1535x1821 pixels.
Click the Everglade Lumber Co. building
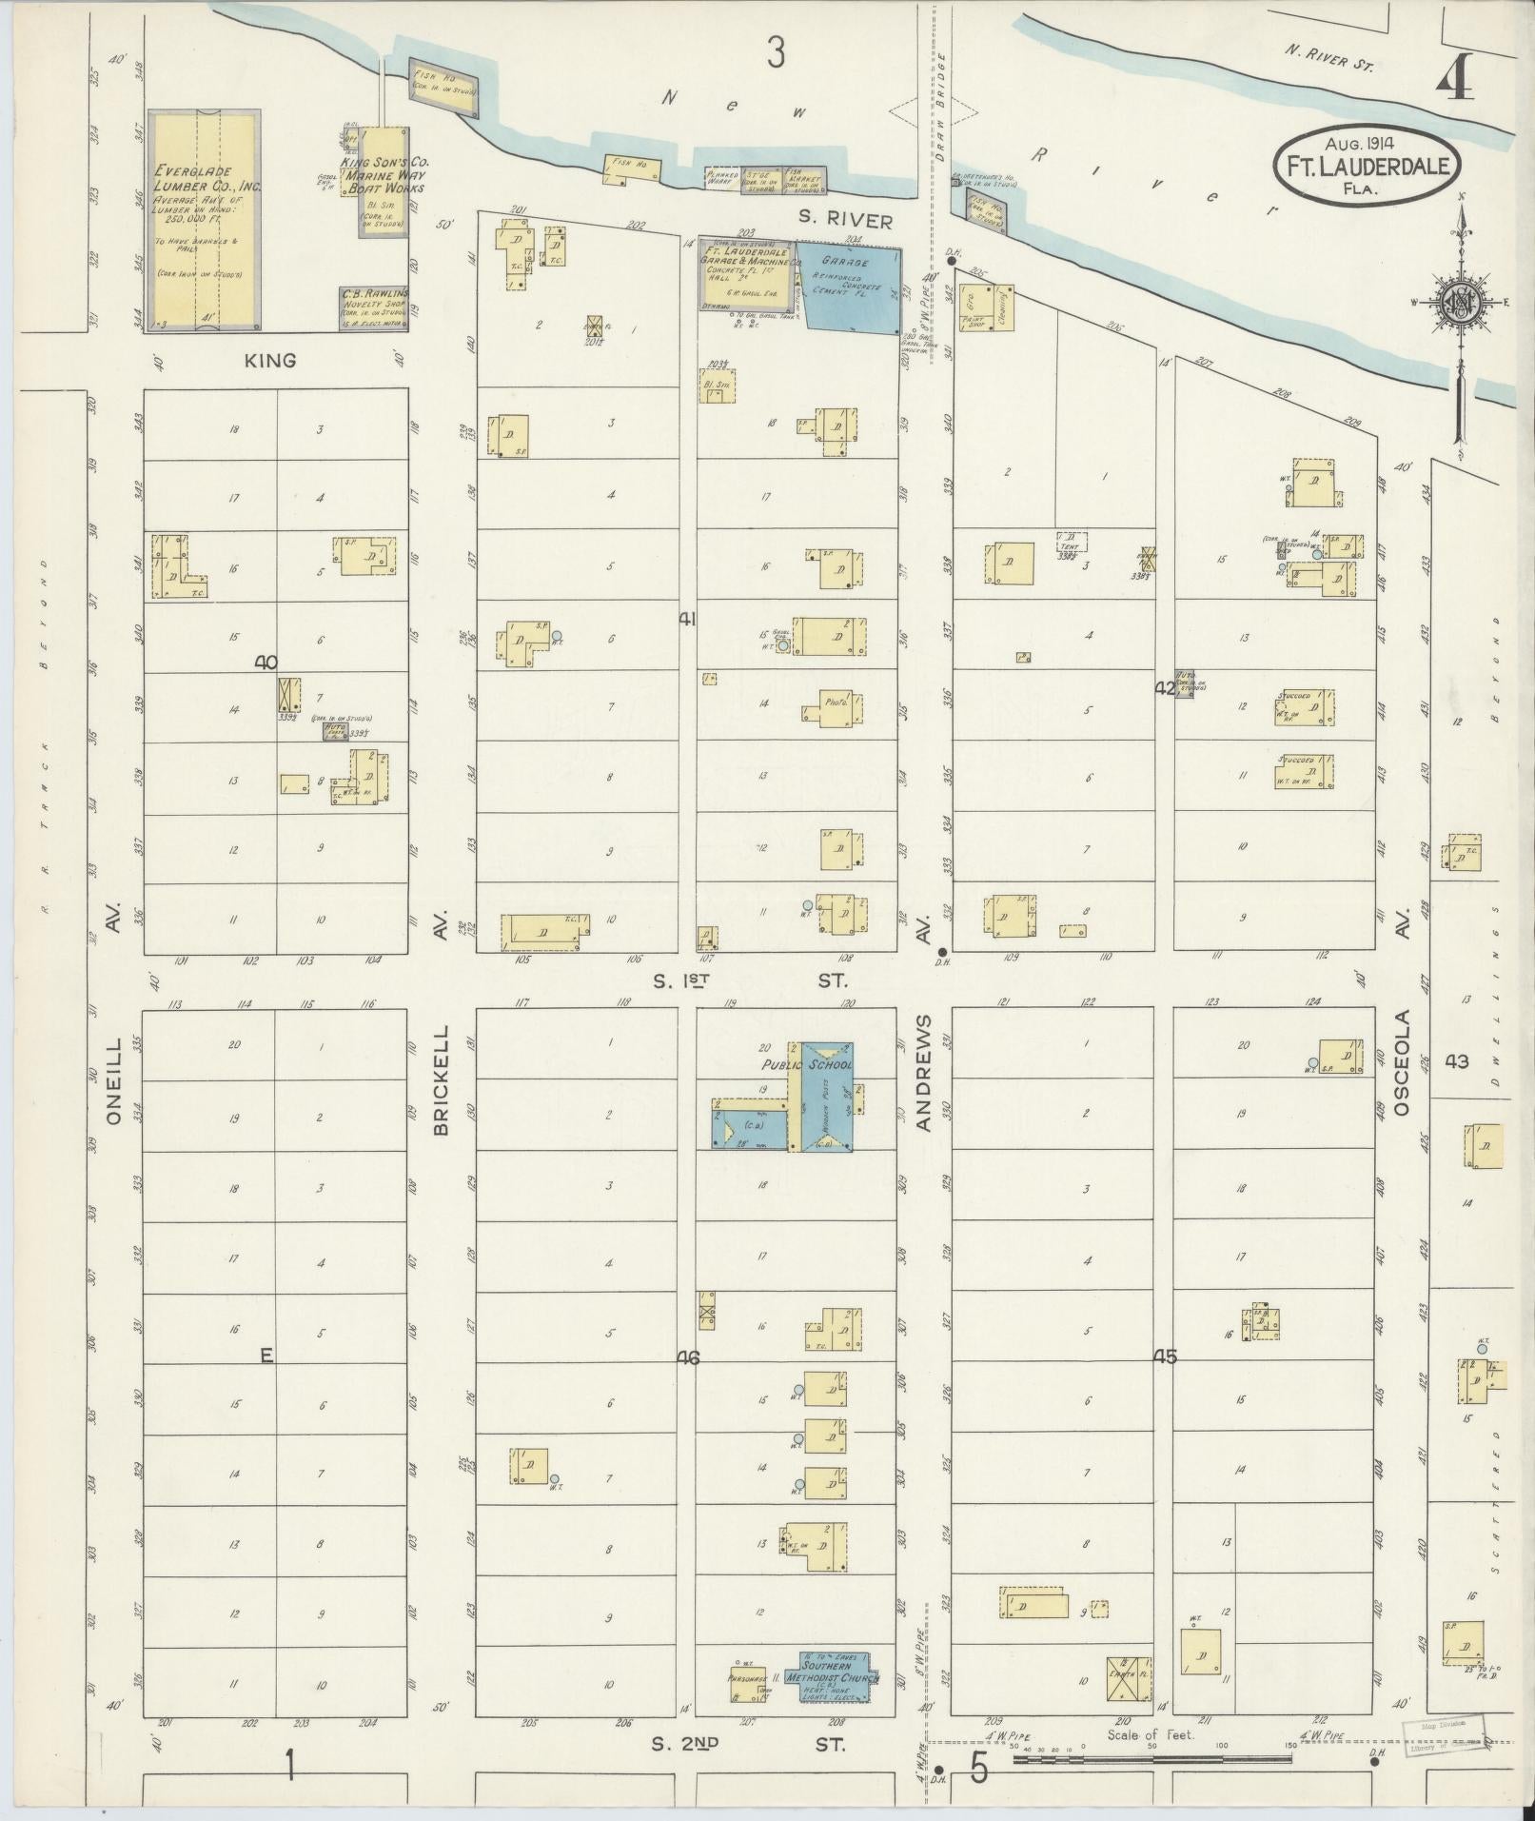206,220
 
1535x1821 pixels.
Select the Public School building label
806,1065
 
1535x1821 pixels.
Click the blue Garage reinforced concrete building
850,286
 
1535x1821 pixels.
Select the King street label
270,361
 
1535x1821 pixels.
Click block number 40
266,662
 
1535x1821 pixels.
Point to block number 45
1165,1357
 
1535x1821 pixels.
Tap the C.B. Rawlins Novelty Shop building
374,307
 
